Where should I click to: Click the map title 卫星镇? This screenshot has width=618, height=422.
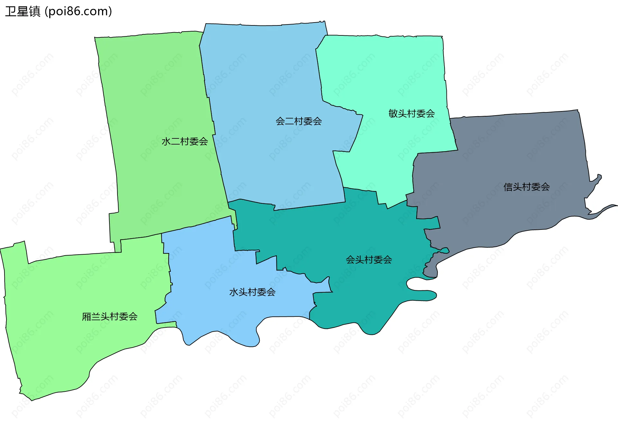click(x=23, y=12)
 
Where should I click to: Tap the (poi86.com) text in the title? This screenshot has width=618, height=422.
click(x=78, y=12)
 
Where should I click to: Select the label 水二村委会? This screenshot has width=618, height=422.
click(x=184, y=141)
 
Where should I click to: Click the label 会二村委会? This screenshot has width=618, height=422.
click(x=299, y=121)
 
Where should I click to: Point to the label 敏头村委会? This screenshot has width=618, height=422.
click(x=412, y=114)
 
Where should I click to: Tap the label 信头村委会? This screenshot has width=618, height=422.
click(x=527, y=187)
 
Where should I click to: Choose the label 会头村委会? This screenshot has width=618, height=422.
click(x=369, y=260)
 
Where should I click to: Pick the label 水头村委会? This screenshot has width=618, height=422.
click(x=252, y=292)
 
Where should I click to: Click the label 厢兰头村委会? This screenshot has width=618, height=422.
click(x=110, y=317)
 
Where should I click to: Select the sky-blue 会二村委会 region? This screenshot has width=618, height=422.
click(x=264, y=71)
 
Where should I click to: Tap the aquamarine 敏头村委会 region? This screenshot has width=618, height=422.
click(x=386, y=71)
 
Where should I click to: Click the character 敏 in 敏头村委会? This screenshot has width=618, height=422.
click(x=393, y=114)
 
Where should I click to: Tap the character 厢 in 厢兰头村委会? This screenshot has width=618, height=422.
click(x=87, y=317)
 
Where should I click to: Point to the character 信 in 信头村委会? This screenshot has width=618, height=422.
click(x=508, y=187)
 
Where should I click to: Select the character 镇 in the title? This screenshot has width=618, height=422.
click(x=34, y=12)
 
